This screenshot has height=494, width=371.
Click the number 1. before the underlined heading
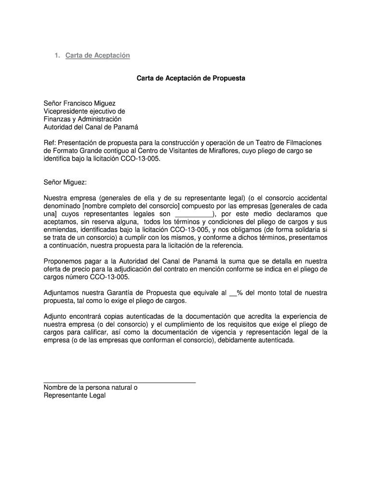click(x=57, y=55)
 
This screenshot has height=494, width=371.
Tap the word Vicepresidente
click(x=66, y=111)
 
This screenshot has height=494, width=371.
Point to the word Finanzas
click(x=57, y=119)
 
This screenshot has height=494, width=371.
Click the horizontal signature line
click(x=119, y=383)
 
